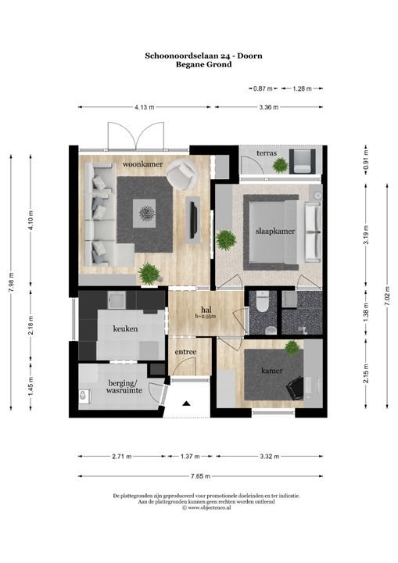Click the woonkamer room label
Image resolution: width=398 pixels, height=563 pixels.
click(142, 164)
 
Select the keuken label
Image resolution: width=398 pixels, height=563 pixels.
click(125, 328)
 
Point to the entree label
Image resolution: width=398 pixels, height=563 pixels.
click(185, 352)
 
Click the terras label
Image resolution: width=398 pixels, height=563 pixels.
click(267, 153)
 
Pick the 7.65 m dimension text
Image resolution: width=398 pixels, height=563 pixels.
click(200, 476)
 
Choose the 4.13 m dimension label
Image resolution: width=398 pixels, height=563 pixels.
click(145, 107)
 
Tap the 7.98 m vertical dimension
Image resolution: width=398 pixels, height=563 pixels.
click(11, 281)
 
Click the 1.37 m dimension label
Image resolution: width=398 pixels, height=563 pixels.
click(190, 457)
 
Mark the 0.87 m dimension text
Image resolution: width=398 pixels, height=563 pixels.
click(263, 88)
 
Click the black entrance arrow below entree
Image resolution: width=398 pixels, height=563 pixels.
click(186, 403)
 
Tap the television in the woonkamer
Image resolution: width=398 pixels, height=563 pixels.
click(194, 220)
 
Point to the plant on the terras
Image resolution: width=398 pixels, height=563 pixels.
click(280, 166)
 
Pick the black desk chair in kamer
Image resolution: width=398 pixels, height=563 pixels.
click(295, 388)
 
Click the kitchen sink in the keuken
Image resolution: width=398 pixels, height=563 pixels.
click(117, 299)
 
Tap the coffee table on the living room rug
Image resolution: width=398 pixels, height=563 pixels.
click(145, 213)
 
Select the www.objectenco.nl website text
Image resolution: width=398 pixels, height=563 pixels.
click(209, 507)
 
